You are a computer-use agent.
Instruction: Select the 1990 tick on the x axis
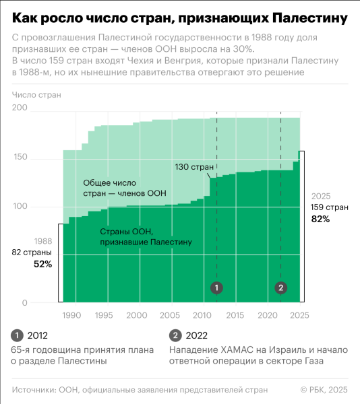tap(72, 315)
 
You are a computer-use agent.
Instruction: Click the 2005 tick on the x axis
tap(170, 315)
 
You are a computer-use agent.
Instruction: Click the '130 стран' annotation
tap(195, 167)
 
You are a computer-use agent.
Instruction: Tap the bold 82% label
tap(320, 220)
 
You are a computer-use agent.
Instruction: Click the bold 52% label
tap(42, 265)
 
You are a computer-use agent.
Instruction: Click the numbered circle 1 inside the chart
tap(216, 288)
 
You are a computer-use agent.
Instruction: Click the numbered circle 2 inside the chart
tap(281, 288)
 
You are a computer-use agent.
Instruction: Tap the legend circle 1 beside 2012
tap(17, 336)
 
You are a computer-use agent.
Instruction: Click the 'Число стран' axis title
tap(36, 94)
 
